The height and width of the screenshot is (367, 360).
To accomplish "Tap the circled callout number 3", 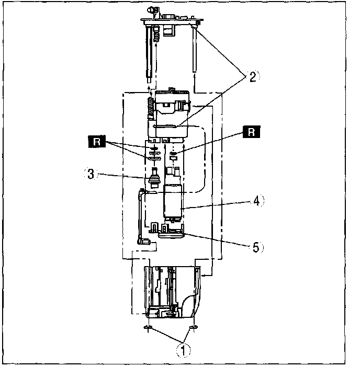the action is [91, 175].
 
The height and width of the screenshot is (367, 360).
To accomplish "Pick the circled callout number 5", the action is [256, 247].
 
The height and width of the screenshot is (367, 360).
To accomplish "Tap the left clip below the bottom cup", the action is [148, 328].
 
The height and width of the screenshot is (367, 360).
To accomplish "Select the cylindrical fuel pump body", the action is [173, 201].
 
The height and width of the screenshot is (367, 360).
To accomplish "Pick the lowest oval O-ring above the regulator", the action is [153, 158].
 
